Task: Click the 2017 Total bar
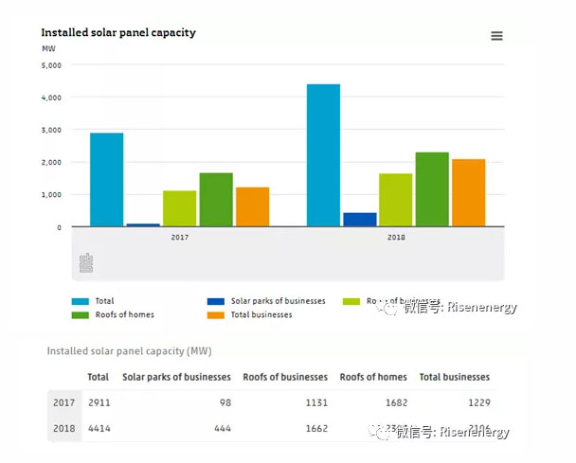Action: (106, 179)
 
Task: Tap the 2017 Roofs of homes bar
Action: (215, 199)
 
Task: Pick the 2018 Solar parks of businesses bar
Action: (359, 219)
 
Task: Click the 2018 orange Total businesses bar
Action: (468, 192)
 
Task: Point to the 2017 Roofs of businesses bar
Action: (179, 208)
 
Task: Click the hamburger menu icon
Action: (496, 36)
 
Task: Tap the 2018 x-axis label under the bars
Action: (396, 237)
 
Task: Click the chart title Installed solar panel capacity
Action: (118, 33)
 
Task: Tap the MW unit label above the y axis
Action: (48, 48)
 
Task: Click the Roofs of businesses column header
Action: (285, 377)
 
